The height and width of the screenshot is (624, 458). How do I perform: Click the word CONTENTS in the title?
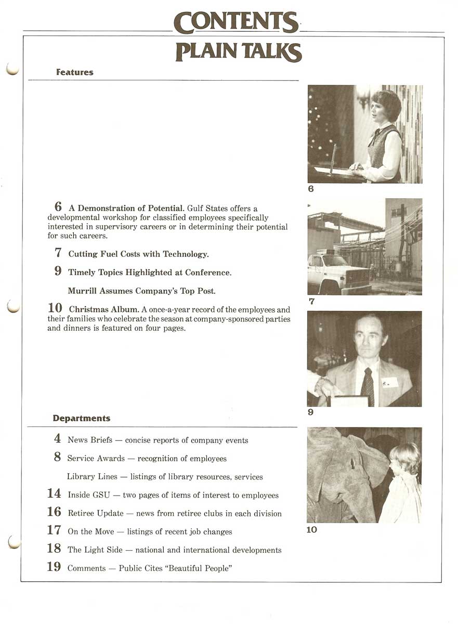(237, 22)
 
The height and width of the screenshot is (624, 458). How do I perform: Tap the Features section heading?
(74, 73)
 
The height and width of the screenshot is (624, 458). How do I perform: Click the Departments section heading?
(81, 418)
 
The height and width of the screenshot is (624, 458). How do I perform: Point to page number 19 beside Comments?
(54, 567)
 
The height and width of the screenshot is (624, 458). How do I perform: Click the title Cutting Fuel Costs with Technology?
(138, 254)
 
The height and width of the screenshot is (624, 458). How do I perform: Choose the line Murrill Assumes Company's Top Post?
(141, 291)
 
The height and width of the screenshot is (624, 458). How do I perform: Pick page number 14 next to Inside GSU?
(54, 494)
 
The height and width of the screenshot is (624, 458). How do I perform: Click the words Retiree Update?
(96, 514)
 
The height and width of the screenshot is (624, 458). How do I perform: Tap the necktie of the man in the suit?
(368, 386)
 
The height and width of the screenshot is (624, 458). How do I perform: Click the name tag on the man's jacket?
(389, 383)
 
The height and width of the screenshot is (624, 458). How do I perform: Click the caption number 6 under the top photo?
(311, 189)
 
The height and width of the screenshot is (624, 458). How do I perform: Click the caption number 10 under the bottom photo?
(311, 530)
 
